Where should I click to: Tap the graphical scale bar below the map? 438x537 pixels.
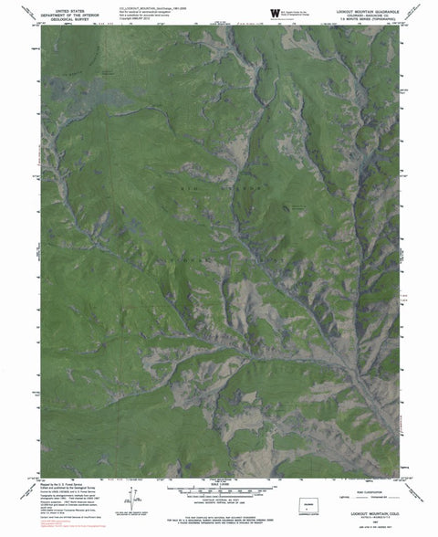point(219,490)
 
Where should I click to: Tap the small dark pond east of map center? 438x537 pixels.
point(297,208)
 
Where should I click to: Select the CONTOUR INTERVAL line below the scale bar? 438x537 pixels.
point(219,500)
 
